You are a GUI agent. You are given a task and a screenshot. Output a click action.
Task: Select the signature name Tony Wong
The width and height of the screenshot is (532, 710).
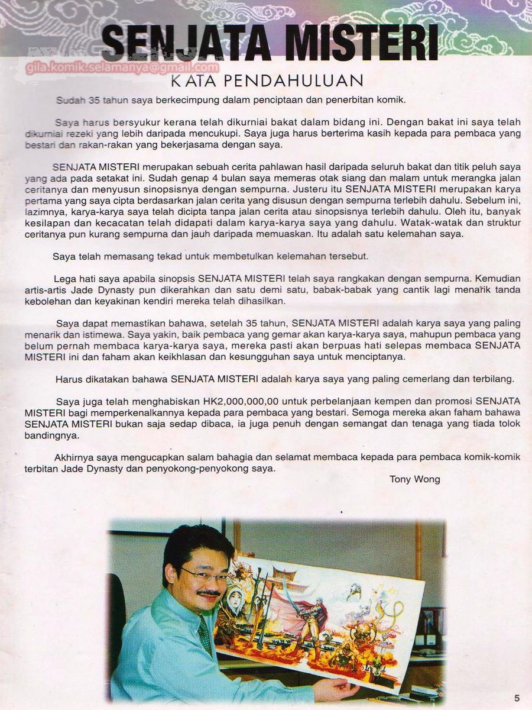coord(414,479)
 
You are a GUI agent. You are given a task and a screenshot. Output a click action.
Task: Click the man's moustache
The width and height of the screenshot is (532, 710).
coord(207,593)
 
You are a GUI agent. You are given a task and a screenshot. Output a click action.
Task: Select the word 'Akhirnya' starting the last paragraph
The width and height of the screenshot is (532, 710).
coord(74,457)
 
